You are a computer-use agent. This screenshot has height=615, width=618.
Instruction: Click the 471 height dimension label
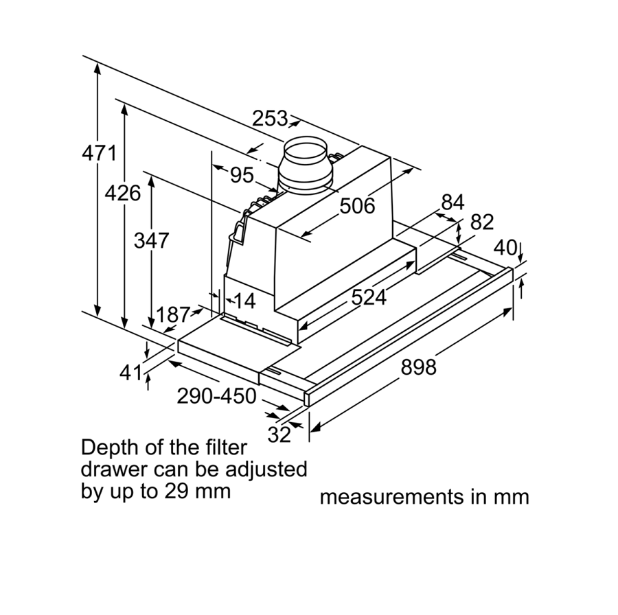[100, 152]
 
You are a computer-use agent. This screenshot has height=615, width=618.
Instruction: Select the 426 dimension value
[122, 193]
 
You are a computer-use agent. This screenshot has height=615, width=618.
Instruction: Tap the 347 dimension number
[151, 241]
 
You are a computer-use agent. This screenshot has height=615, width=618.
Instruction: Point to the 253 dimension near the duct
[269, 119]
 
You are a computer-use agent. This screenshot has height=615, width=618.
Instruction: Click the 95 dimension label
[242, 176]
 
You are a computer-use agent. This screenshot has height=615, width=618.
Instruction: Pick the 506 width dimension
[358, 205]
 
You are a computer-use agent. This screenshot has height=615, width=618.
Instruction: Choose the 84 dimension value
[453, 202]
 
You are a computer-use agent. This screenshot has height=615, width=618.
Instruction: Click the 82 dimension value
[483, 222]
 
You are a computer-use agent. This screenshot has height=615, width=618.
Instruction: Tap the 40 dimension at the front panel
[506, 247]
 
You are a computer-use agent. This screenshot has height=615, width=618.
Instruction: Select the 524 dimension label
[369, 297]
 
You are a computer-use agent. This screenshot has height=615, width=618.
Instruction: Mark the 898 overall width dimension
[418, 367]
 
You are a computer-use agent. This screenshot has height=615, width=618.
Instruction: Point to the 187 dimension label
[172, 315]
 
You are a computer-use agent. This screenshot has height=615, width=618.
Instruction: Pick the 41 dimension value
[130, 373]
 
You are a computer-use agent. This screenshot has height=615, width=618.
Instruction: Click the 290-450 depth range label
[216, 396]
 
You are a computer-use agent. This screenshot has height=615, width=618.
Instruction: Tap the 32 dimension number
[279, 434]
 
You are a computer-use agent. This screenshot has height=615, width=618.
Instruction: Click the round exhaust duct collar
[306, 165]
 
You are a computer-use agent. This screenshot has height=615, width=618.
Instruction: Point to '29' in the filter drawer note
[174, 491]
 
